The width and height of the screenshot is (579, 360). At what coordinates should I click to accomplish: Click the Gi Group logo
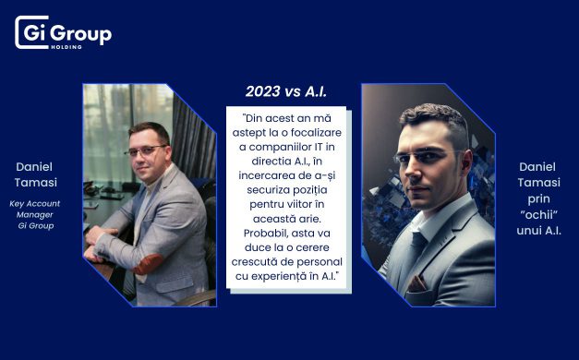tap(63, 33)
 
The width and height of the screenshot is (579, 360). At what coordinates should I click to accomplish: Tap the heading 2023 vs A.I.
tap(286, 91)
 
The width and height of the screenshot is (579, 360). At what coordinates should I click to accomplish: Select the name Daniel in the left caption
tap(36, 166)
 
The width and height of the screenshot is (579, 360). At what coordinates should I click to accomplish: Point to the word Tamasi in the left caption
tap(36, 182)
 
